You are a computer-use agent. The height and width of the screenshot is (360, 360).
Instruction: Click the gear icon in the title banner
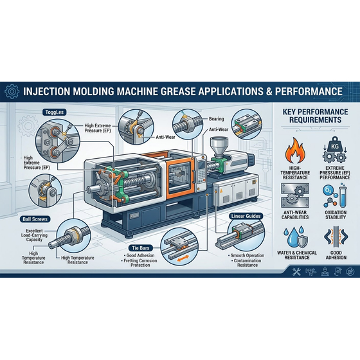(12, 91)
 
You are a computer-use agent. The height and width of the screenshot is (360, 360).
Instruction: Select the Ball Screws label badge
(35, 219)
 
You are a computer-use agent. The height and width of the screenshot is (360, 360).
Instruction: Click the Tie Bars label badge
(141, 248)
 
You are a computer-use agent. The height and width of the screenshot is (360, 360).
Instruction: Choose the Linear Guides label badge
(246, 216)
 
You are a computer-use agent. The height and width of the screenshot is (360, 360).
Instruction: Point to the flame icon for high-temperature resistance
(295, 150)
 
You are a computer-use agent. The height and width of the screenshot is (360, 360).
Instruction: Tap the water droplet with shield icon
(295, 238)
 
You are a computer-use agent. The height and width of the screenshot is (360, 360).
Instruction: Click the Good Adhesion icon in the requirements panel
(336, 237)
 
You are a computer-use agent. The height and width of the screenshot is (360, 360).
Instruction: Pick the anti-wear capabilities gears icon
(295, 195)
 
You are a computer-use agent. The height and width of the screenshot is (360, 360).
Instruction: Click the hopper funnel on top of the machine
(219, 147)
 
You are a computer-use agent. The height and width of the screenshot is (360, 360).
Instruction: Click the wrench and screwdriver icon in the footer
(296, 272)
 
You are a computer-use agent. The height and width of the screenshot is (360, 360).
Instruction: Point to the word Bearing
(216, 119)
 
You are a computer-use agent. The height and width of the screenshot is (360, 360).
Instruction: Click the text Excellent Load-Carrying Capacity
(34, 235)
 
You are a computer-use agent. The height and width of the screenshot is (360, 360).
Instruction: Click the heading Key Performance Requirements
(315, 116)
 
